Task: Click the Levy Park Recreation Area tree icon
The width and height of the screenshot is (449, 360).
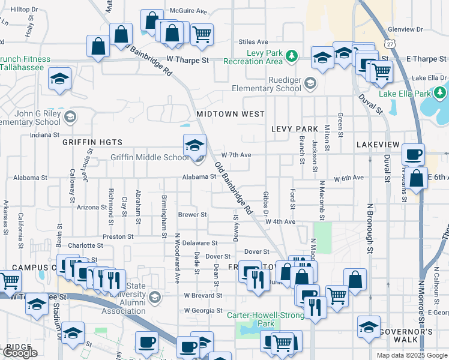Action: [292, 56]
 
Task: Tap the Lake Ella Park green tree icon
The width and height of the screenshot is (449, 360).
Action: [440, 93]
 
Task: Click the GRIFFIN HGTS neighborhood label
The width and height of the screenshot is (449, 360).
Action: [92, 142]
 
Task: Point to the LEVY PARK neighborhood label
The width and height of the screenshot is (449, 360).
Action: [294, 129]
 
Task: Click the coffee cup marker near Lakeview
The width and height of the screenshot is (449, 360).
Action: [413, 155]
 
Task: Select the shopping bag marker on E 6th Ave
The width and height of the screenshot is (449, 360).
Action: [416, 178]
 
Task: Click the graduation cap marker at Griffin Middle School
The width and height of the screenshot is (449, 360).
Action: [194, 146]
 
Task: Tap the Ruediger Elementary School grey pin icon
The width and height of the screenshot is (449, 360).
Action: [310, 83]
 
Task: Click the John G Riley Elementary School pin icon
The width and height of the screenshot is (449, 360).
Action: [70, 116]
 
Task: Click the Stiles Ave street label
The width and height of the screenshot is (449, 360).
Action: [253, 42]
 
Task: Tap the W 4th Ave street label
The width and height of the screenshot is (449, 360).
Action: [282, 221]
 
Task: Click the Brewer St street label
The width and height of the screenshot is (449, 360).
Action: [192, 214]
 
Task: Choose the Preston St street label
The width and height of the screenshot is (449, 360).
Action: [118, 236]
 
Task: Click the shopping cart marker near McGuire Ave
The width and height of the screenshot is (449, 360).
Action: [202, 34]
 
